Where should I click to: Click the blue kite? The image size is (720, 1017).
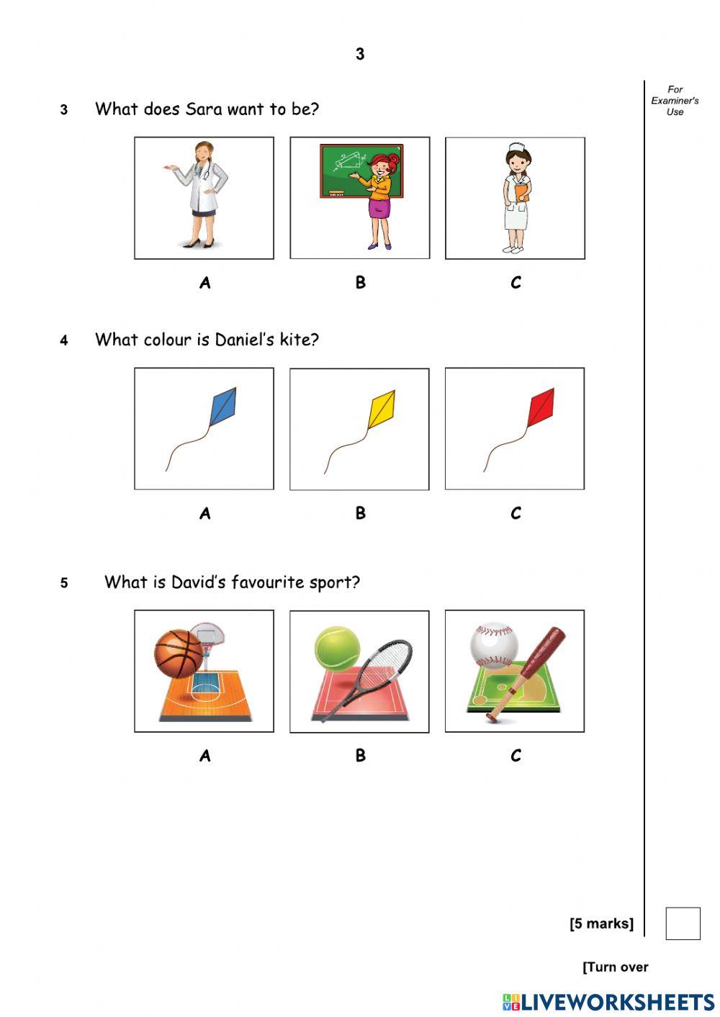tap(223, 407)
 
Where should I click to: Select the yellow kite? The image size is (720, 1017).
tap(382, 409)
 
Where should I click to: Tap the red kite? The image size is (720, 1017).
tap(541, 407)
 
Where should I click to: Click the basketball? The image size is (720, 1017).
tap(179, 654)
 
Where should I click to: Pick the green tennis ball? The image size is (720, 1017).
tap(337, 649)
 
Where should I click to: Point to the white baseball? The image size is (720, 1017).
tap(494, 645)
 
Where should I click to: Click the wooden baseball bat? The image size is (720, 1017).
tap(526, 674)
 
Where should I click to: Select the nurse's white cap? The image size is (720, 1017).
tap(516, 148)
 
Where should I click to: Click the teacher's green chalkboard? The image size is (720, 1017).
tap(361, 171)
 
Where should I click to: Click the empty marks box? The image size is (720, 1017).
tap(683, 923)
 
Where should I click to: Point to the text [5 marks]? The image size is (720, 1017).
tap(601, 923)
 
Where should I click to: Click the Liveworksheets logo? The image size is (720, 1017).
tap(608, 1002)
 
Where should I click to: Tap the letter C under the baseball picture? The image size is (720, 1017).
tap(516, 756)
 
